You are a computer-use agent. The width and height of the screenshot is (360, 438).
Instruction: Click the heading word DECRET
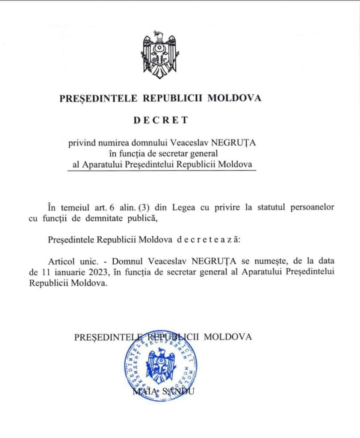(160, 120)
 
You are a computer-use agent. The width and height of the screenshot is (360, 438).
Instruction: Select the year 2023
(88, 272)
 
